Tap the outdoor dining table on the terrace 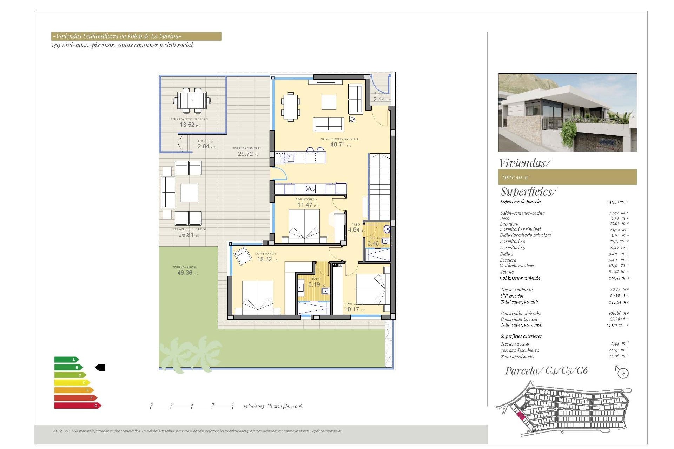tap(192, 101)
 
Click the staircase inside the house tap(379, 186)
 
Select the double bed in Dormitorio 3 tap(304, 226)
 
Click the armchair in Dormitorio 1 tap(242, 255)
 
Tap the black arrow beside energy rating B tap(100, 367)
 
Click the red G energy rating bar tap(78, 406)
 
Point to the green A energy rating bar tap(66, 360)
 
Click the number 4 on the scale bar tap(232, 404)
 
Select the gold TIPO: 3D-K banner tap(567, 177)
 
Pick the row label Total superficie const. tap(521, 325)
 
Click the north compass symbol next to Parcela tap(622, 372)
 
